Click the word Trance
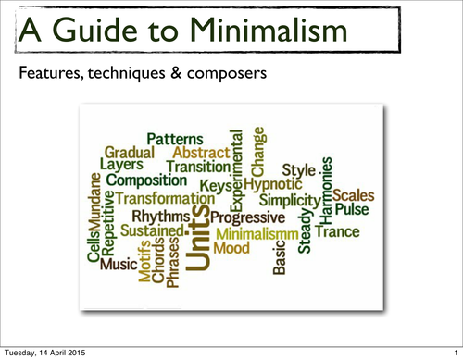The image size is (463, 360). click(336, 230)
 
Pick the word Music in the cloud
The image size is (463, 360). click(119, 265)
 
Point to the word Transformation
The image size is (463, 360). click(165, 199)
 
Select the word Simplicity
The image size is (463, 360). click(289, 200)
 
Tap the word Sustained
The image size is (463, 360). click(151, 228)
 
